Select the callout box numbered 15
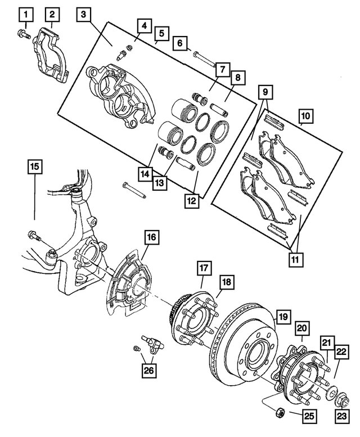tap(35, 166)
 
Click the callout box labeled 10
tap(305, 116)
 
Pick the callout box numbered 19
tap(283, 317)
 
